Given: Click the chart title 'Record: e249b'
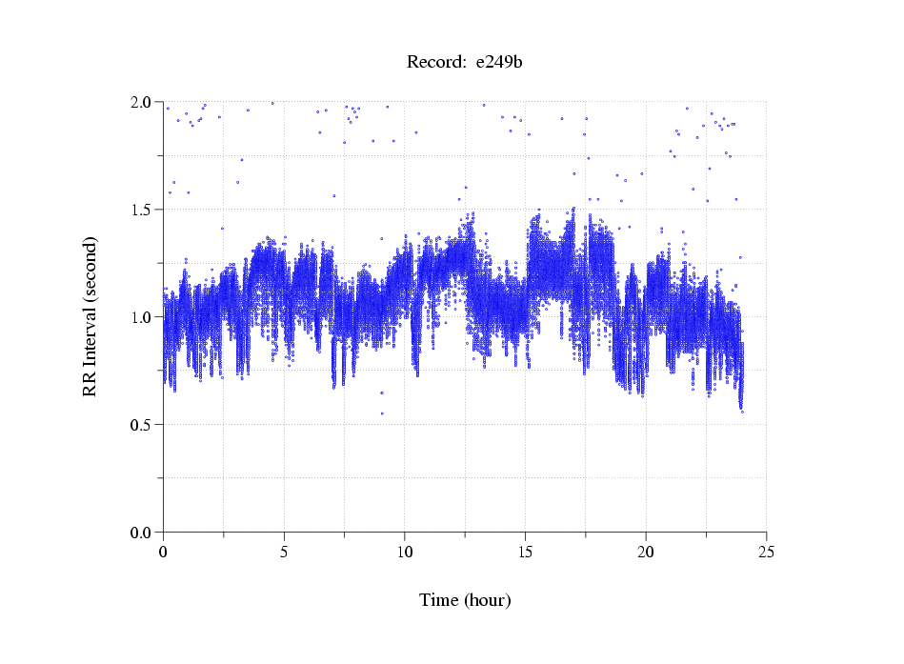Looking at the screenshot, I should pos(465,63).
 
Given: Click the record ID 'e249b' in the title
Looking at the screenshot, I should pos(499,63).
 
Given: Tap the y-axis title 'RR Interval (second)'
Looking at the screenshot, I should pos(90,316).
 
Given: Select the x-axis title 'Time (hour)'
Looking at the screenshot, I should pos(465,600).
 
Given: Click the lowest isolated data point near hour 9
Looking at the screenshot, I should pos(382,413).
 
